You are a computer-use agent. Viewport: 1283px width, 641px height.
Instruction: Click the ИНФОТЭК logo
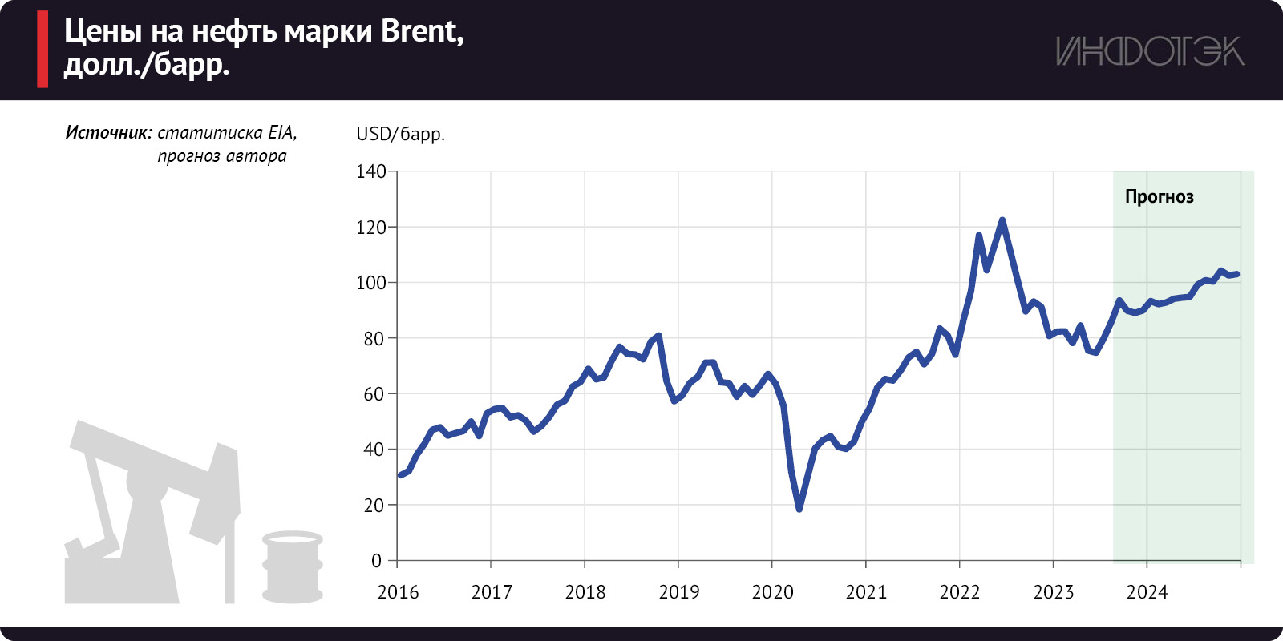point(1150,51)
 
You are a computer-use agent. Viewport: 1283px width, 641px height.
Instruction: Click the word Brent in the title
point(421,31)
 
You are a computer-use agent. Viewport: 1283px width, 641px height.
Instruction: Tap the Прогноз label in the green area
point(1159,196)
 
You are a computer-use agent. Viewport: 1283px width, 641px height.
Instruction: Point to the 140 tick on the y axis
point(370,171)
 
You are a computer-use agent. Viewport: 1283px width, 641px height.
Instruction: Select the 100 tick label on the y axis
point(370,283)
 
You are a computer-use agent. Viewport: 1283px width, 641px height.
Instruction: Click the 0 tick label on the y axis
point(376,561)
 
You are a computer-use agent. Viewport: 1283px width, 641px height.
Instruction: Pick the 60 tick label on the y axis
point(374,394)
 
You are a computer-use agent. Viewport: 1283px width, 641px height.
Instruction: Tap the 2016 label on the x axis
point(398,592)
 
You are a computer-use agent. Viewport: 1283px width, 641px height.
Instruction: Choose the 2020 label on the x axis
point(772,592)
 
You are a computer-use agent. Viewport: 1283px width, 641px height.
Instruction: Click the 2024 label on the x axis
point(1147,592)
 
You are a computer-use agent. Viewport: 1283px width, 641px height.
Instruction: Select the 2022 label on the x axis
point(960,592)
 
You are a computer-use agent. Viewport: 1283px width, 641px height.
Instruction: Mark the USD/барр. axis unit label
point(400,134)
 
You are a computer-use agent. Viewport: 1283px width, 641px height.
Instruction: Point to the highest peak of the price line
point(1002,220)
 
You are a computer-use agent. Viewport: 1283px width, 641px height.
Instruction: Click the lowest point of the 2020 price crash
point(799,509)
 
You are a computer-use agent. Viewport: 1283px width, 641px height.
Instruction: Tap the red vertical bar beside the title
point(42,49)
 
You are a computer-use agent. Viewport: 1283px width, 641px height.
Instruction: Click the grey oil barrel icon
point(293,566)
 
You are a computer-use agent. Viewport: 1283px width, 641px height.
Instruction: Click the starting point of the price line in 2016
point(400,475)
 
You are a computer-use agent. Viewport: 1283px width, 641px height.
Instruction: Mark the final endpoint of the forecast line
point(1237,274)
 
